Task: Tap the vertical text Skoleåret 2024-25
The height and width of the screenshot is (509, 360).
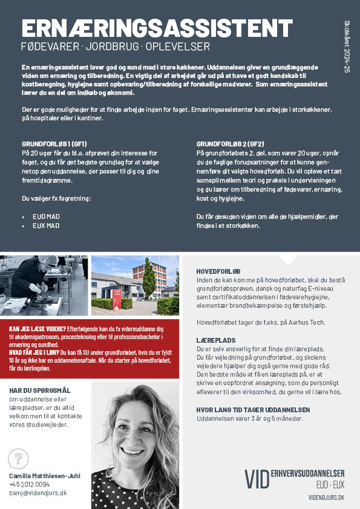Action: click(x=347, y=45)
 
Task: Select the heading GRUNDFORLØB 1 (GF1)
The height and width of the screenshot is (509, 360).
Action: click(x=54, y=144)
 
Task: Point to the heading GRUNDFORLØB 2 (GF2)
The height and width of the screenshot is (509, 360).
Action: click(x=230, y=144)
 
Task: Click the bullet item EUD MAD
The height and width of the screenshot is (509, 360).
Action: click(x=46, y=216)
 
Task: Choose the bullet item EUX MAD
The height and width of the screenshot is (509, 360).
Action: click(x=46, y=225)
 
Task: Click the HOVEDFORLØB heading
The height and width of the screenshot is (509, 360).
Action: click(x=218, y=271)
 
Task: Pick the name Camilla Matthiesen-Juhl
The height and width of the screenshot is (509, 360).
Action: click(x=44, y=476)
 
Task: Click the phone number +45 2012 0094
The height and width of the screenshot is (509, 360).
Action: click(x=30, y=484)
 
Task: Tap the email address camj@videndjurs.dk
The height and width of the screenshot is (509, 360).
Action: click(x=38, y=493)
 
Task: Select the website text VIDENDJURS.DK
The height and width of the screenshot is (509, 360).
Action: click(x=326, y=496)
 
